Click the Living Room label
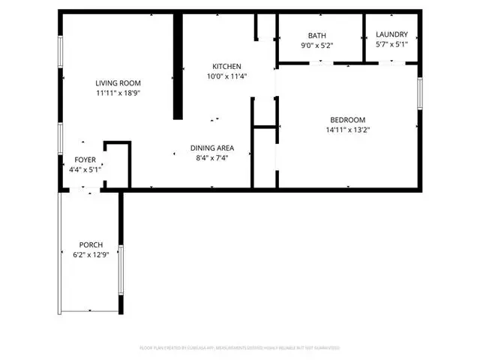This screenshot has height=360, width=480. pos(118,83)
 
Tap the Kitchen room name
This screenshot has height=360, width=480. pos(226,66)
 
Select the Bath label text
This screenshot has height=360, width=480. pos(316,36)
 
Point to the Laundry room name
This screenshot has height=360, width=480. pos(391,34)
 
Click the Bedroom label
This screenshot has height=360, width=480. pos(347,120)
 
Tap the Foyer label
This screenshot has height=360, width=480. pos(83,160)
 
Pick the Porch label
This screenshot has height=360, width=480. pos(91,245)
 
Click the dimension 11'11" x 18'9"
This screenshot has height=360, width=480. pos(118,93)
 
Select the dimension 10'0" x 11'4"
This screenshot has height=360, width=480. pos(226,76)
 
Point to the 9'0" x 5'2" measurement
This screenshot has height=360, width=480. pos(316,45)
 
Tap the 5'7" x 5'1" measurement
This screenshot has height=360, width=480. pos(391,44)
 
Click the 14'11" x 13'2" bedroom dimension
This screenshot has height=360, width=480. pos(347,130)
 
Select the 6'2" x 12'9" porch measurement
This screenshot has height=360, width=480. pos(91,255)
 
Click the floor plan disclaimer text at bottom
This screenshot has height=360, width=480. pos(240,348)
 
